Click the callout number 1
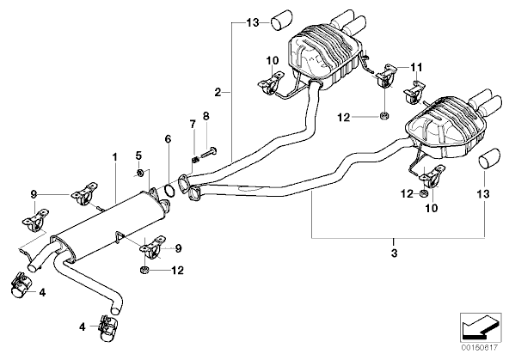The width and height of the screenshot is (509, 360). click(114, 157)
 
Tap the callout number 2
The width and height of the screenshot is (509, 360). click(218, 92)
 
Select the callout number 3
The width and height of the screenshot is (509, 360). click(394, 253)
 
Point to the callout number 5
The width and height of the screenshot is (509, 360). click(138, 156)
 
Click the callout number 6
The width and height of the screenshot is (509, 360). click(168, 139)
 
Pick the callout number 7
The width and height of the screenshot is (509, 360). click(193, 124)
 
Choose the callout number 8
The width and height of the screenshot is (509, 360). click(206, 116)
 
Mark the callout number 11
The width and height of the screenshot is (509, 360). click(417, 68)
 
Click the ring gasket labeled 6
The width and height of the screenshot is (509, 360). click(169, 191)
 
